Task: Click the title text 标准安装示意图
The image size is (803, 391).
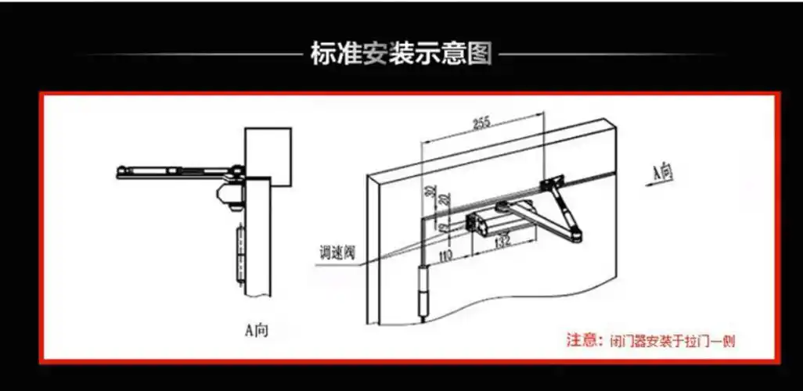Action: [x=401, y=55]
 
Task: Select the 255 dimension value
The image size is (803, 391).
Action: [x=481, y=123]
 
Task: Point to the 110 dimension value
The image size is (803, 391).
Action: [x=447, y=253]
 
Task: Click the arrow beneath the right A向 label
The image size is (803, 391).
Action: [x=662, y=185]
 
